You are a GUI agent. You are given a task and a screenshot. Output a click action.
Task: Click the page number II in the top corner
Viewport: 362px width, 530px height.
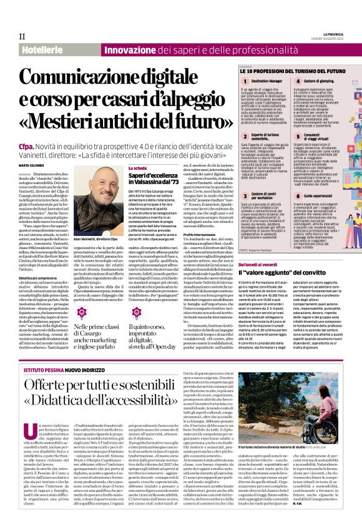[21, 37]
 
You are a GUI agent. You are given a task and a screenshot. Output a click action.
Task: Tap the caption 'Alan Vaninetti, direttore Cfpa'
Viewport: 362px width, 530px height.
[99, 240]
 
